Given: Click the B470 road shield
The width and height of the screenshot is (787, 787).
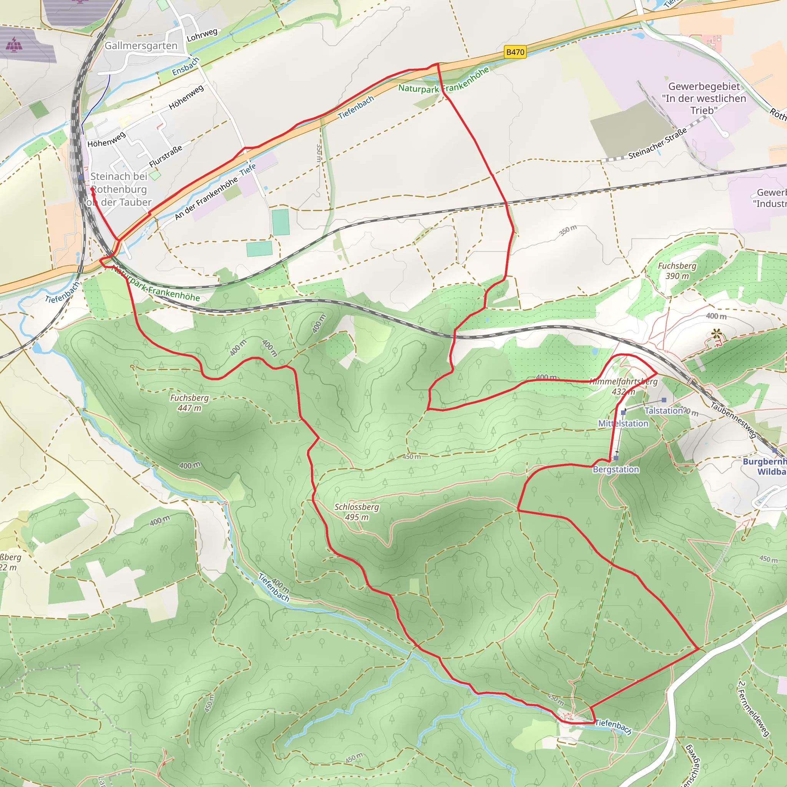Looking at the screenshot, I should click(x=515, y=52).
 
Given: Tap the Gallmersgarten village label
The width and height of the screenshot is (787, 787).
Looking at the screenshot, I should click(x=141, y=46).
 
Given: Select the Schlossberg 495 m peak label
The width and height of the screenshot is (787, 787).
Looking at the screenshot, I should click(x=357, y=512).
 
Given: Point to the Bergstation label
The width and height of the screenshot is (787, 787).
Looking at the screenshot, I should click(x=616, y=469).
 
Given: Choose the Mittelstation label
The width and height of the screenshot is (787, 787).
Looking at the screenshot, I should click(x=623, y=423).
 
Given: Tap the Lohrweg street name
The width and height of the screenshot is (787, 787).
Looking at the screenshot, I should click(x=202, y=35).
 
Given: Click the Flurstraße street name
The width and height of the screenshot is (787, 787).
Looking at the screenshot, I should click(x=165, y=156).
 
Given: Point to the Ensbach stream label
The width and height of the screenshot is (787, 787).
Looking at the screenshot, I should click(x=185, y=66).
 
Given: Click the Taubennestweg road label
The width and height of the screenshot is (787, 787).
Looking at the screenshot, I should click(x=733, y=420).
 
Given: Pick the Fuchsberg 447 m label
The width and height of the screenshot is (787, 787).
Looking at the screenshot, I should click(x=189, y=402).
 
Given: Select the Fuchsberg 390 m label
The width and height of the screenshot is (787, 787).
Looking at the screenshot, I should click(x=677, y=271).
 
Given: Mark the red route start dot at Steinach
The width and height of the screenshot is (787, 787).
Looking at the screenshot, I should click(x=93, y=189).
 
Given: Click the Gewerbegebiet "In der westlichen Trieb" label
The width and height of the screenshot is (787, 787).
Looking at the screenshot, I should click(x=704, y=98).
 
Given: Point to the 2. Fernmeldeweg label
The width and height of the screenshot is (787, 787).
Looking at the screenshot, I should click(x=754, y=708).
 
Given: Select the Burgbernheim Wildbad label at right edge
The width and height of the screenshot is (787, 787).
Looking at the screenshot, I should click(x=766, y=467).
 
